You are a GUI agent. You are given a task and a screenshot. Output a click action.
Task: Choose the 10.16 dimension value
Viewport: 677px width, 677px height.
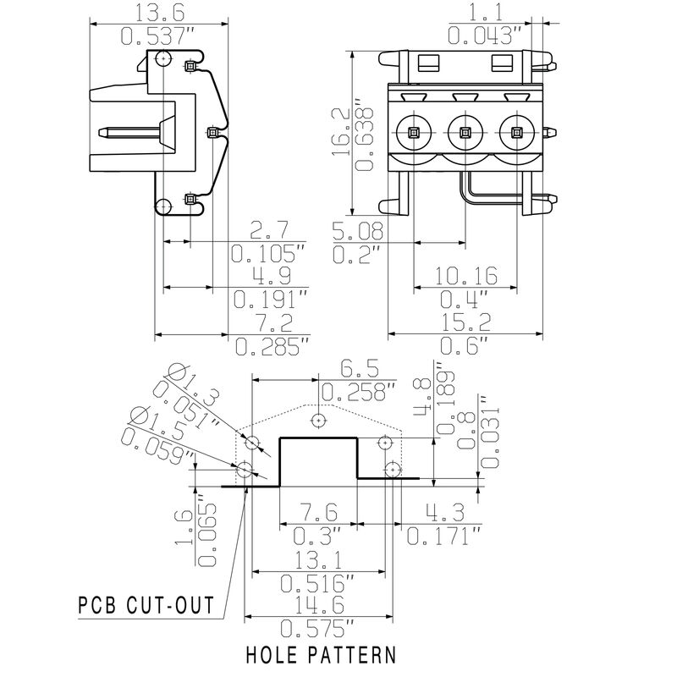[465, 277]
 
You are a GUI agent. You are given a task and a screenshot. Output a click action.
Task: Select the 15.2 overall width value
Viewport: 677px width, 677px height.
[465, 322]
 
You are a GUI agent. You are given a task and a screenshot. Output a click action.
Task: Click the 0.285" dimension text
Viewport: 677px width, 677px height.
[272, 345]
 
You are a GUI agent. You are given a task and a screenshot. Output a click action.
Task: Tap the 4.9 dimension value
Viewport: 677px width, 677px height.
[272, 277]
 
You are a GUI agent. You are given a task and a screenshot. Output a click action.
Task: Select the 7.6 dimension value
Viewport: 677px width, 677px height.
[316, 514]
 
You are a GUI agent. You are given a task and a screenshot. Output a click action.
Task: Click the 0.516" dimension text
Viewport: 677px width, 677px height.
[316, 583]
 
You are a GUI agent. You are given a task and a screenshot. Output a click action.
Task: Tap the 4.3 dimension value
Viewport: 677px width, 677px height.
[443, 514]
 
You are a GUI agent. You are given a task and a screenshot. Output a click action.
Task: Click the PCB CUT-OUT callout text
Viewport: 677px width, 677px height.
[145, 606]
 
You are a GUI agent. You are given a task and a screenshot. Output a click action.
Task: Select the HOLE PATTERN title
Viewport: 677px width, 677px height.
[321, 654]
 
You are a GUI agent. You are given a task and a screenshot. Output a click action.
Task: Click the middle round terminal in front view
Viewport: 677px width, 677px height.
[464, 132]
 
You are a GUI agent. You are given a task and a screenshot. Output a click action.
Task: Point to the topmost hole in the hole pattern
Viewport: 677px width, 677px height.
[318, 419]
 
